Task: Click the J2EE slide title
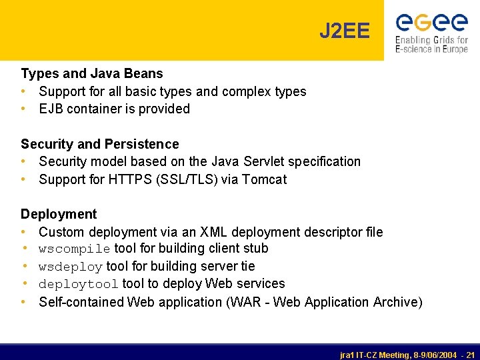coord(344,31)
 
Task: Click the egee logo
coord(431,22)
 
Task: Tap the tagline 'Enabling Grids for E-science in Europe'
coord(431,45)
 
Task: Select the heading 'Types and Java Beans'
coord(92,73)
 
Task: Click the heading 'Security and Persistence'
coord(100,144)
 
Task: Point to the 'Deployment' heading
coord(59,214)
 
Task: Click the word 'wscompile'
coord(75,249)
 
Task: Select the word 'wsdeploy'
coord(71,267)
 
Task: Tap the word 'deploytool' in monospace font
coord(79,285)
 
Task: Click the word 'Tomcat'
coord(265,179)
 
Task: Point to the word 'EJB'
coord(51,109)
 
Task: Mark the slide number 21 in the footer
coord(471,355)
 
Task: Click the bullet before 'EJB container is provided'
coord(24,109)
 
